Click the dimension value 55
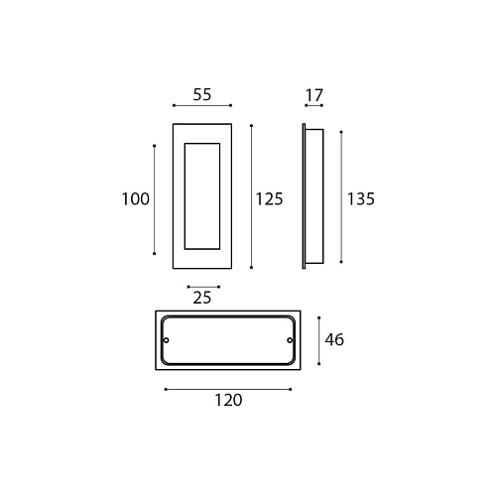tap(202, 94)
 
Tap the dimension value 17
tap(313, 95)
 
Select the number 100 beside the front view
tap(136, 199)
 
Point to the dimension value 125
tap(269, 199)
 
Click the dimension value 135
tap(361, 199)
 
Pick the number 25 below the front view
tap(202, 298)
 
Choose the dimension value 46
tap(334, 340)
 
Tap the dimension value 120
tap(228, 400)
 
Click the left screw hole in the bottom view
tap(167, 340)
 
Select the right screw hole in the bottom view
tap(290, 340)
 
